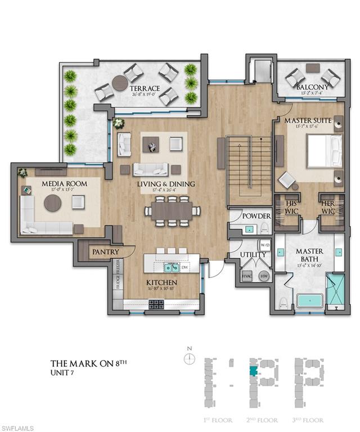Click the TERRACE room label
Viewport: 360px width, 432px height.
[x=145, y=89]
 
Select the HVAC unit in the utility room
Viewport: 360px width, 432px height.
[x=246, y=276]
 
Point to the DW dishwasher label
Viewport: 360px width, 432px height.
[x=185, y=268]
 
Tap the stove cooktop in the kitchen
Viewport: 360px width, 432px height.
[x=156, y=304]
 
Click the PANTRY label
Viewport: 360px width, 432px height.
[x=105, y=253]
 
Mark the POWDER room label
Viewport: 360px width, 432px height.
[x=256, y=216]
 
